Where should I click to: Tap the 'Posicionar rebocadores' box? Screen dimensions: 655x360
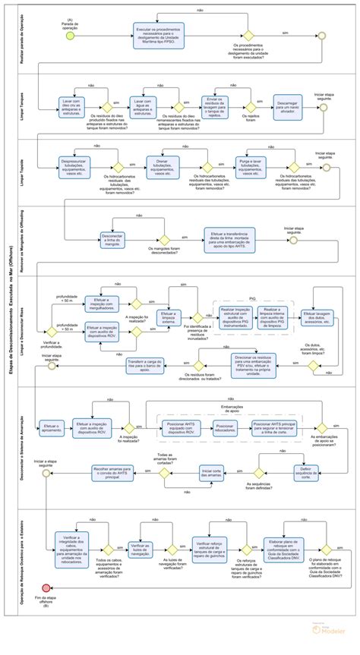point(225,429)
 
